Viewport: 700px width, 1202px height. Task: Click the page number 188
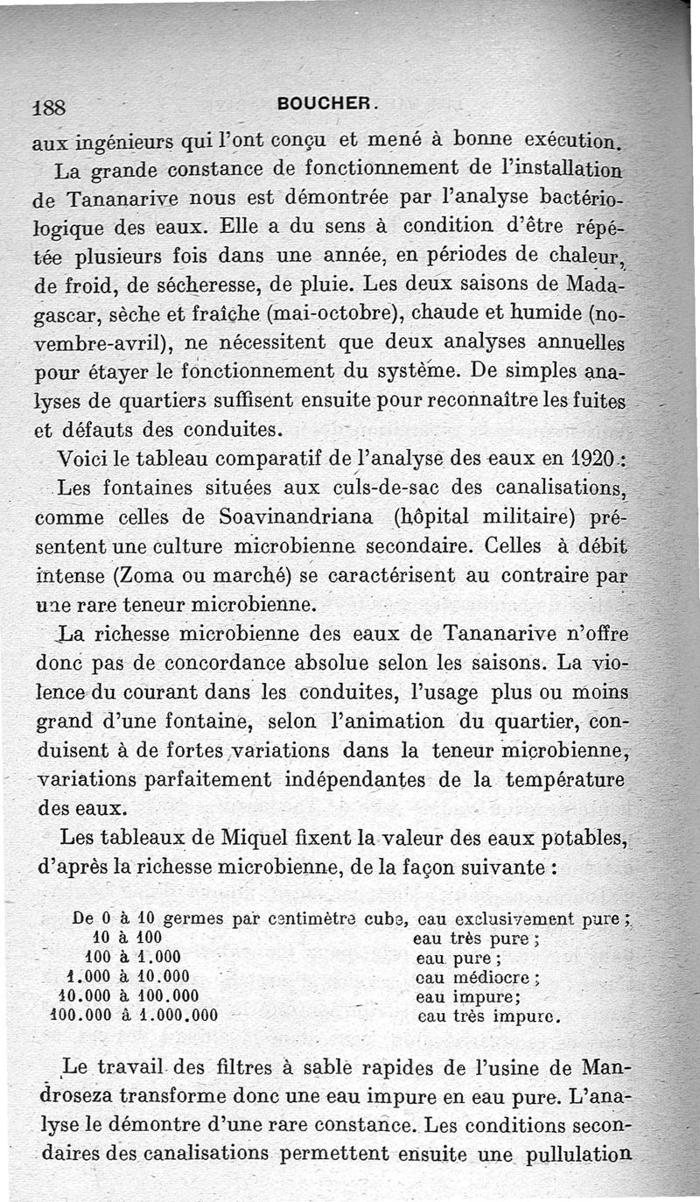click(49, 107)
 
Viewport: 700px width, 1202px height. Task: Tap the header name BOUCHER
click(326, 102)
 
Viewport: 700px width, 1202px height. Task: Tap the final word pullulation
click(577, 1156)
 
